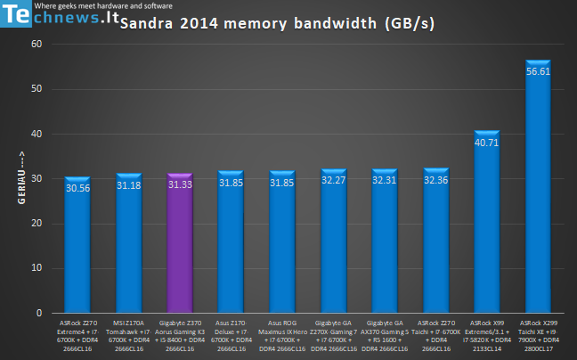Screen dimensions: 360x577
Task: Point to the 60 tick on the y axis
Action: (37, 44)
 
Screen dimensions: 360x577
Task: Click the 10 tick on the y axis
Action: (37, 268)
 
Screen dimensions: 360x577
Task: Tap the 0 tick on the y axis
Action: (40, 314)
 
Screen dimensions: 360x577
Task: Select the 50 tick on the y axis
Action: (37, 89)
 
